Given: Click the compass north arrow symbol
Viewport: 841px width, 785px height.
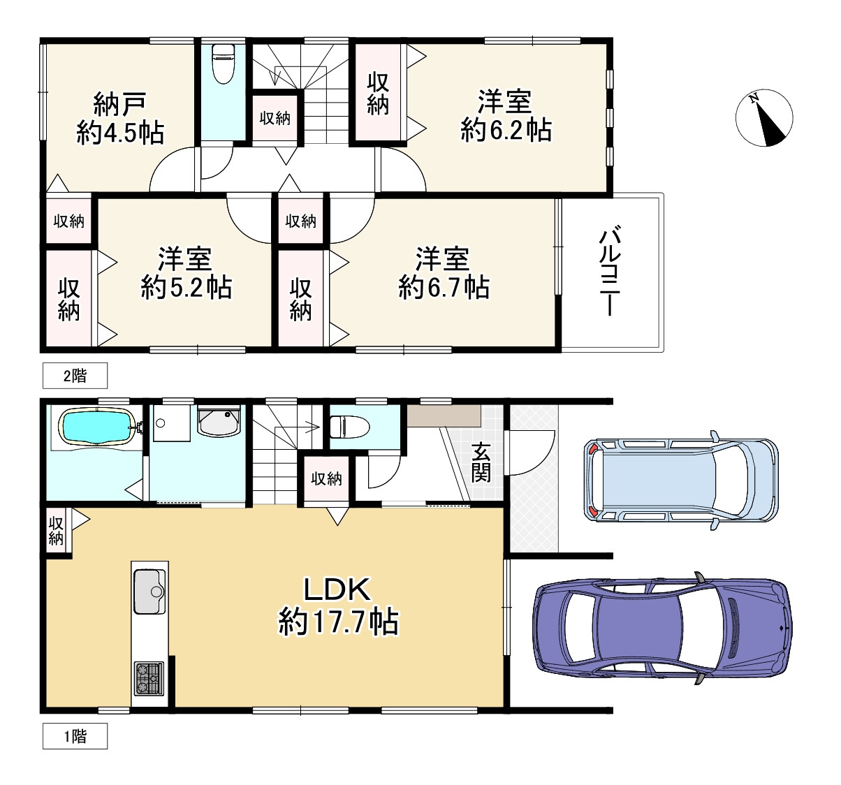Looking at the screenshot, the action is (x=764, y=118).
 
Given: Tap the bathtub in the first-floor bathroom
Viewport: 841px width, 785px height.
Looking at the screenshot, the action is (x=98, y=427).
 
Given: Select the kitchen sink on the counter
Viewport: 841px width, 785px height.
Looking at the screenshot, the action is (x=150, y=592).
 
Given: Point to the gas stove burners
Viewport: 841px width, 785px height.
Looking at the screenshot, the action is (x=149, y=679).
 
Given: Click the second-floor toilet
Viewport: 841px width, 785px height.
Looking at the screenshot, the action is (x=223, y=64).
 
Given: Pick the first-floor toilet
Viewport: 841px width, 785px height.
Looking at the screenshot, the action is (x=349, y=427).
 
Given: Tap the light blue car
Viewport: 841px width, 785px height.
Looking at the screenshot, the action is (x=681, y=480).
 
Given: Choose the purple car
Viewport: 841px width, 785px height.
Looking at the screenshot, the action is (x=662, y=627).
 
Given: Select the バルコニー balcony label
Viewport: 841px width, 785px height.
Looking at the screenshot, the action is (x=610, y=272).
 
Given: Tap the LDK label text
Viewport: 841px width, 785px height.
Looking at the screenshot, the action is (x=337, y=590).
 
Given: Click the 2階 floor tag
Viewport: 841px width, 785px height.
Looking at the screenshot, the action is (x=75, y=376).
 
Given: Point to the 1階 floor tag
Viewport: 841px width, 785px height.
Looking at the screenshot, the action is (x=75, y=736).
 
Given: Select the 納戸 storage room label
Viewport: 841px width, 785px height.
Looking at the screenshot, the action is (x=120, y=104).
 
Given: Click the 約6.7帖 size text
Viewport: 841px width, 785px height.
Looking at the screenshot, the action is (x=444, y=288).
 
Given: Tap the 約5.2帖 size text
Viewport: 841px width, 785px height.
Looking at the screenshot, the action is (x=186, y=288).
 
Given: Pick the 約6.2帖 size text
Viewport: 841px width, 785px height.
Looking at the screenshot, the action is (x=506, y=130).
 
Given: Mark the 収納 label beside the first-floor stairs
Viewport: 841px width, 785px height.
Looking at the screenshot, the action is (x=326, y=479).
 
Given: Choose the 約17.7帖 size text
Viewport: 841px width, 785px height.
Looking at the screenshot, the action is (x=338, y=622).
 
